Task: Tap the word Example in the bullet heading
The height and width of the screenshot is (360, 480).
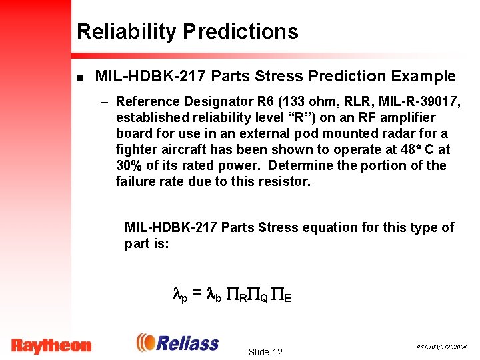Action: point(423,77)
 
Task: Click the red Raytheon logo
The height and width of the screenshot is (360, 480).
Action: point(51,345)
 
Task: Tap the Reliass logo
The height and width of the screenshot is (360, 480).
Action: point(177,343)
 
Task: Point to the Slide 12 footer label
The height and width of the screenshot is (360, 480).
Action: point(265,352)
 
